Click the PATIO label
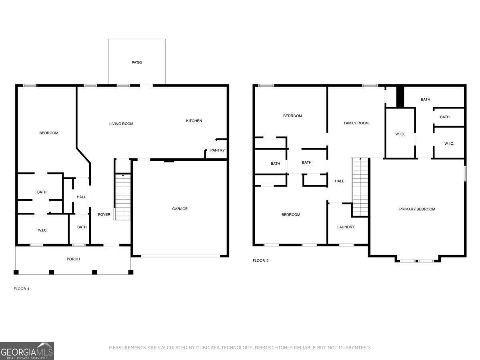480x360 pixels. [137, 62]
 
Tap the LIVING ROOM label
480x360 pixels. [121, 124]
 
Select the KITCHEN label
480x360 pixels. [194, 121]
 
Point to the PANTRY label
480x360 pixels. [217, 150]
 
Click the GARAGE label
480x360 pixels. [180, 209]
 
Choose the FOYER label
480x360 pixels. [104, 215]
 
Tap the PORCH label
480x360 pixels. [73, 259]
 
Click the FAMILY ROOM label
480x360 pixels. [356, 123]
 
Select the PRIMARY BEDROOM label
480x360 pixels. [417, 209]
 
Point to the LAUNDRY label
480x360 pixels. [346, 227]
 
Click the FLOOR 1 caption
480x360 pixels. [22, 289]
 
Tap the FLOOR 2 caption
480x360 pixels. [260, 260]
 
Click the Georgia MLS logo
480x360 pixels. [27, 351]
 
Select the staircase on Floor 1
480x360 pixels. [123, 197]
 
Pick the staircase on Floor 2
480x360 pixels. [360, 187]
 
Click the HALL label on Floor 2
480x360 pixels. [339, 181]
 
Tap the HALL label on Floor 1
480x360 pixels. [81, 197]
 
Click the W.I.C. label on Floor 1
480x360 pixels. [42, 230]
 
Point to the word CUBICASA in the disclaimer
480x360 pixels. [208, 348]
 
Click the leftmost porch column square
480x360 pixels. [16, 272]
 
